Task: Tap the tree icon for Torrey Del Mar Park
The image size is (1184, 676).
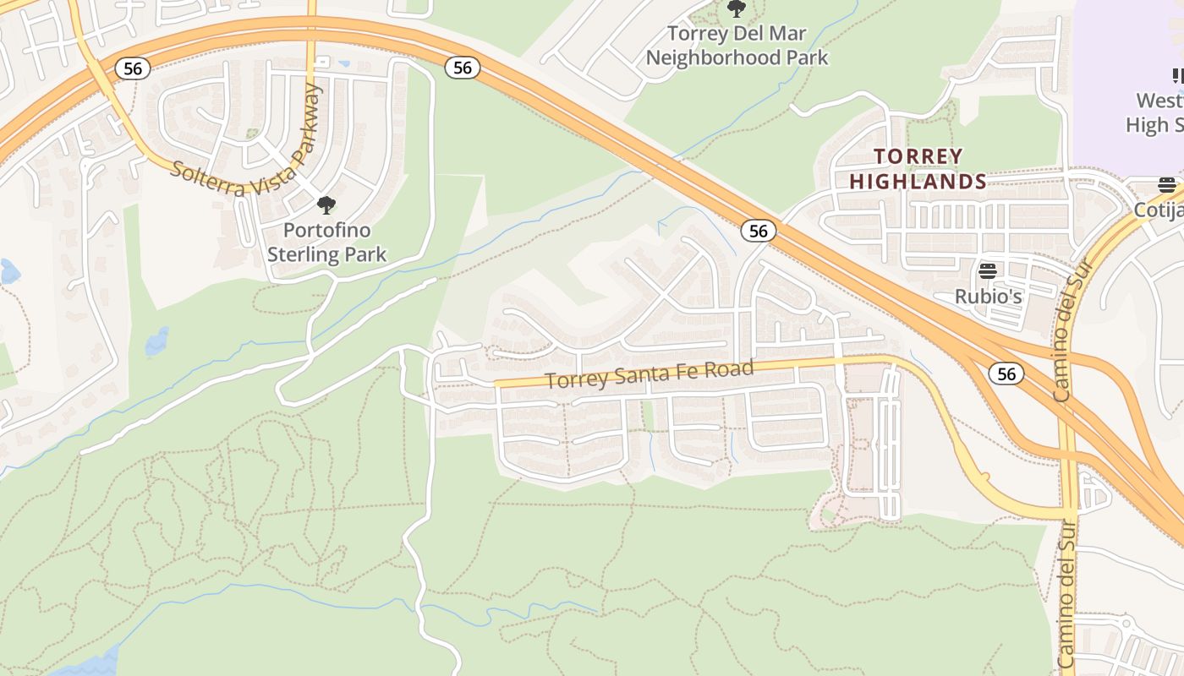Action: pos(737,8)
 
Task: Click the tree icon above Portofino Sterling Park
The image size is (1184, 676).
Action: pos(326,204)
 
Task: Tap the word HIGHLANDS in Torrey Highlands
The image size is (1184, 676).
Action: pos(918,182)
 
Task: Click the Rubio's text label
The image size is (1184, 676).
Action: pos(988,297)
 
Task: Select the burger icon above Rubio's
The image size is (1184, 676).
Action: pos(988,271)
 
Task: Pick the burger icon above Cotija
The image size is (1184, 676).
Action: pos(1167,185)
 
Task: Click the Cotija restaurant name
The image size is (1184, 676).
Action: pos(1159,210)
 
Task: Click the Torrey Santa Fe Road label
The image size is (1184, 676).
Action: pos(649,374)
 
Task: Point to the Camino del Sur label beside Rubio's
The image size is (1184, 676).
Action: pos(1074,330)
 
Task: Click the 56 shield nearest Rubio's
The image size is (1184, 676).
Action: pos(1006,373)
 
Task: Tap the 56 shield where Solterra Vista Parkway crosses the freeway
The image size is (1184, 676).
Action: pos(133,68)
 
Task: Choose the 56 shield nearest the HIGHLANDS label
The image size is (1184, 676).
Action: pos(758,231)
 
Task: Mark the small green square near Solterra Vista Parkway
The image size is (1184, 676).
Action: pos(251,134)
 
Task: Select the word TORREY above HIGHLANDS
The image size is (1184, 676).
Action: pos(918,156)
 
